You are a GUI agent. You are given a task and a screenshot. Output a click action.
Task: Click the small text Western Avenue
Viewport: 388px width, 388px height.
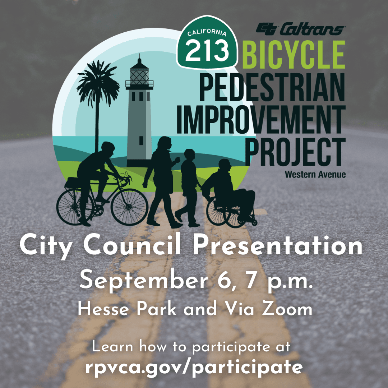coord(315,175)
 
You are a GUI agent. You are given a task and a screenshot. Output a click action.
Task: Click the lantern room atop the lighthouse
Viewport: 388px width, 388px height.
coord(139,74)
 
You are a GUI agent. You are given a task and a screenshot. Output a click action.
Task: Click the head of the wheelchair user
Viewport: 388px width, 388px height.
coord(225,166)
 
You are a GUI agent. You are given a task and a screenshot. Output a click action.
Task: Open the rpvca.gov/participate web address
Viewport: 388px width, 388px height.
coord(194,368)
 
